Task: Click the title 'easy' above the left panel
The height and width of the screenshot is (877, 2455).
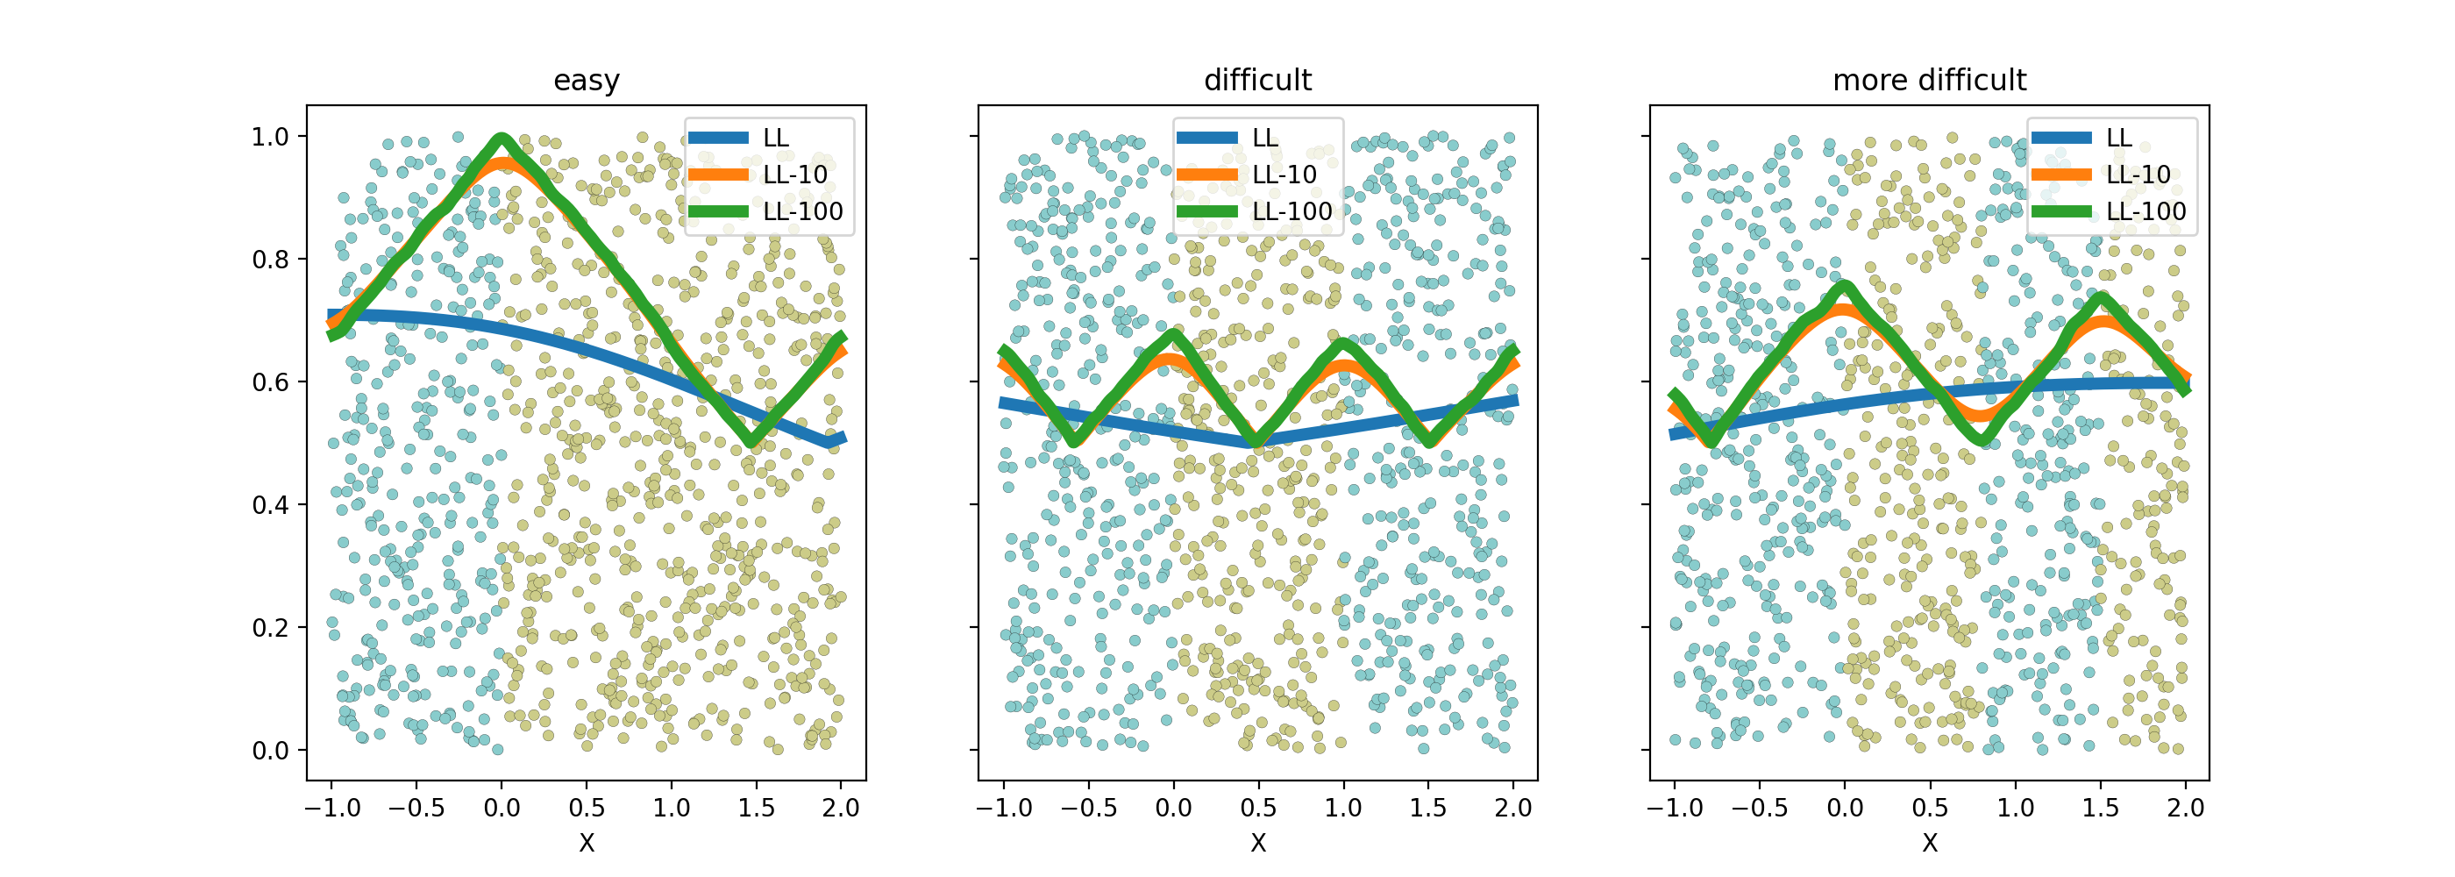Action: [x=586, y=80]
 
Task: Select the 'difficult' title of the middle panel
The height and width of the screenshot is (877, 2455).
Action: [x=1257, y=80]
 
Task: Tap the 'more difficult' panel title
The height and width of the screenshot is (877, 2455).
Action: [x=1929, y=80]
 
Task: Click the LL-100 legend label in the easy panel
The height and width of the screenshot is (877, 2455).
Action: [x=802, y=211]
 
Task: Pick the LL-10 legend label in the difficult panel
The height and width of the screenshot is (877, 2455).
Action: [x=1284, y=175]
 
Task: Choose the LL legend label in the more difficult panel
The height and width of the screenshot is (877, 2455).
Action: [x=2118, y=139]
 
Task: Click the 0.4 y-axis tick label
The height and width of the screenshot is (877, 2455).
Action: [x=270, y=505]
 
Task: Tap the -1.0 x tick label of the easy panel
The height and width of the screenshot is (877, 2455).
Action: [x=331, y=809]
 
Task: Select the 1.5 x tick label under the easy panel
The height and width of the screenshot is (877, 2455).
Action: [x=756, y=809]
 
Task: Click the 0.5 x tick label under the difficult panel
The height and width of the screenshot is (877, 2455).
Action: [x=1258, y=809]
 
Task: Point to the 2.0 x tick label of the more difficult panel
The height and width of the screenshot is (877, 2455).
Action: [x=2185, y=809]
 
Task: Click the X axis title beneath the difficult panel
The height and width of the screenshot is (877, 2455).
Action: [x=1258, y=843]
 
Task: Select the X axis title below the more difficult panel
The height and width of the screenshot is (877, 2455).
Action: [x=1930, y=843]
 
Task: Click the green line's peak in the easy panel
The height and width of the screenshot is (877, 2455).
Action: [x=502, y=140]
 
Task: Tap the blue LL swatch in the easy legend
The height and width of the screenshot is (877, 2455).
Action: [x=717, y=139]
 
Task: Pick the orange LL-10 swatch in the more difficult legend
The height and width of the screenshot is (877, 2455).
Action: [x=2061, y=175]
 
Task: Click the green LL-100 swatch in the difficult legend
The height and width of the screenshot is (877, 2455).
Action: [x=1206, y=211]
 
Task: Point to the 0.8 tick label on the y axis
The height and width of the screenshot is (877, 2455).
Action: [x=270, y=260]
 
